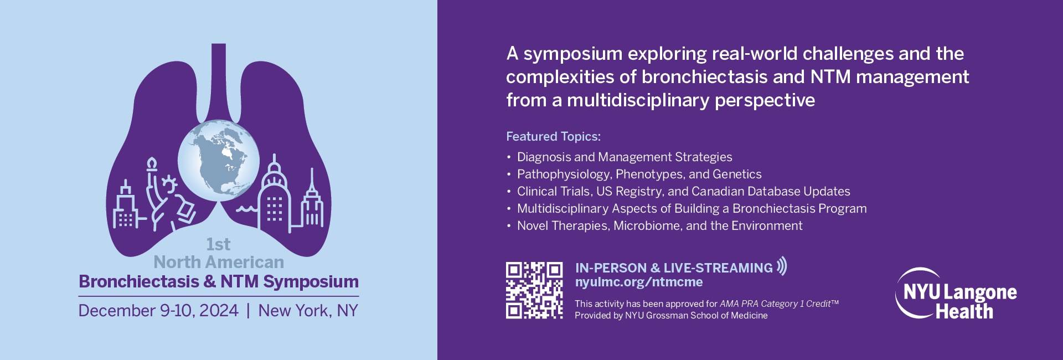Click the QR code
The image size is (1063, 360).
[534, 290]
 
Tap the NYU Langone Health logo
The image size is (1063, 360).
[956, 294]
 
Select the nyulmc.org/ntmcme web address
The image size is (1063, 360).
[639, 282]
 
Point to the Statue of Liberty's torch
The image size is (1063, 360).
[151, 163]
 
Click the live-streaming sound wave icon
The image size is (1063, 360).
[781, 266]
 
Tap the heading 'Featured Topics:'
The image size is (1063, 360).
[553, 136]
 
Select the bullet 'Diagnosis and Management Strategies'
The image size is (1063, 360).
[625, 157]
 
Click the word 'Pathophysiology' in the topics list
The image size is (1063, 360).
[564, 174]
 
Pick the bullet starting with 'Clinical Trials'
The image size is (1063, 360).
[684, 192]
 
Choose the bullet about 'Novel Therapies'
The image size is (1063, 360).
[660, 226]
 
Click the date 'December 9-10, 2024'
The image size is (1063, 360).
[158, 311]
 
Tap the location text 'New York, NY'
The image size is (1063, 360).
[308, 311]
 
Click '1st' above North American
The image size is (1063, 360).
[218, 244]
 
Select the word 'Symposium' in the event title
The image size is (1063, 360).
[311, 282]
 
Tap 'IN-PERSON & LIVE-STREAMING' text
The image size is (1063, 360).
[674, 268]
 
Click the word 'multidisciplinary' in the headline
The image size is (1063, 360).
[638, 100]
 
